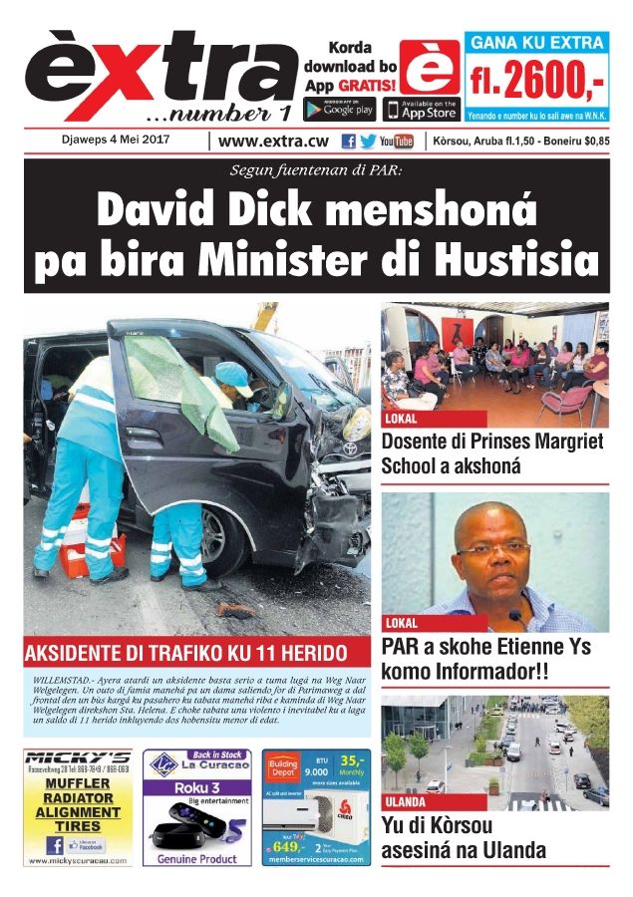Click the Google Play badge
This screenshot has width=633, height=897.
[x=338, y=107]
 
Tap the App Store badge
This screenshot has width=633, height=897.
[x=420, y=108]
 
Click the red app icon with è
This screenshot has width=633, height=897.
[x=430, y=67]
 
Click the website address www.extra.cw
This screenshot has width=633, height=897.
[x=274, y=142]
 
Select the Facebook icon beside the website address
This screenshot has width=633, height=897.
[x=348, y=142]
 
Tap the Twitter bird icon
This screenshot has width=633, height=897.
[x=368, y=142]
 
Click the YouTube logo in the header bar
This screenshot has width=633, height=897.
[x=396, y=142]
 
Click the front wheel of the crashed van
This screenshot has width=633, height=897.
[x=223, y=539]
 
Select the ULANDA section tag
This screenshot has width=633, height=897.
[x=406, y=801]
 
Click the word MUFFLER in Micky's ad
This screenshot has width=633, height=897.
[x=77, y=784]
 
